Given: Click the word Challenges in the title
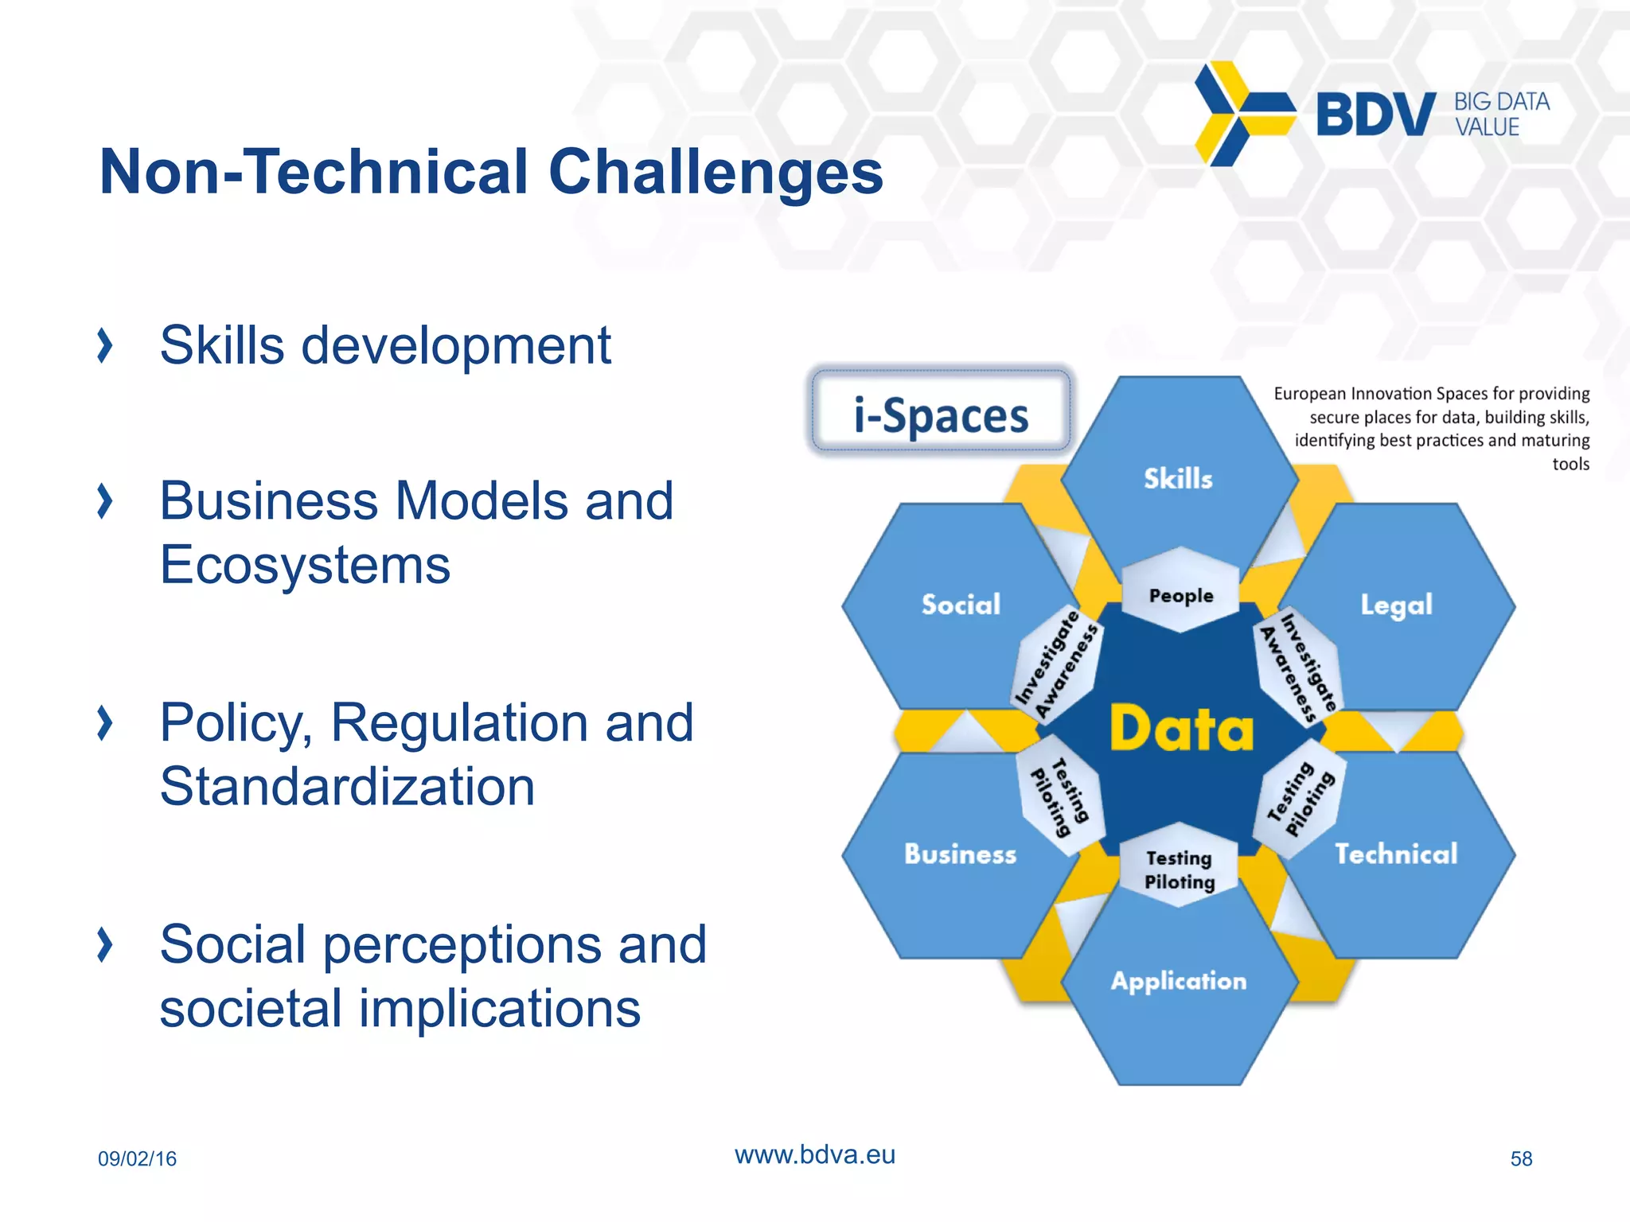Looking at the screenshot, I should [x=716, y=172].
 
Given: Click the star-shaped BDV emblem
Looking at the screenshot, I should [x=1242, y=114].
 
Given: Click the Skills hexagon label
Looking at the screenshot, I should [x=1178, y=478].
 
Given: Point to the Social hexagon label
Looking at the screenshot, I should [x=961, y=605].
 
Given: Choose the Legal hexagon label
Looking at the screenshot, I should [x=1396, y=605].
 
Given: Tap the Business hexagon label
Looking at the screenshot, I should [x=960, y=854].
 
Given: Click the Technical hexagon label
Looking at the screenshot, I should [x=1396, y=854].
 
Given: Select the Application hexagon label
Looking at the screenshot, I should [x=1178, y=981].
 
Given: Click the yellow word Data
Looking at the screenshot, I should [x=1181, y=729].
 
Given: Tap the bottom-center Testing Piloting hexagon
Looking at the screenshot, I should [x=1180, y=870].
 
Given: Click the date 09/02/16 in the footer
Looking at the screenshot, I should [x=137, y=1158].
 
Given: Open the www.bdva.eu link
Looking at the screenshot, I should [x=814, y=1154].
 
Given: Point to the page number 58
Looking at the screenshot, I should [x=1521, y=1158].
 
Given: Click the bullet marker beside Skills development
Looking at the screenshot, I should [x=104, y=346].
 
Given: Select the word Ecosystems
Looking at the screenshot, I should [x=305, y=565].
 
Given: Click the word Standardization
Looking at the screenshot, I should [x=347, y=787].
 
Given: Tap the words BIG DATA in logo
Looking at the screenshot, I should [x=1501, y=102].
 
